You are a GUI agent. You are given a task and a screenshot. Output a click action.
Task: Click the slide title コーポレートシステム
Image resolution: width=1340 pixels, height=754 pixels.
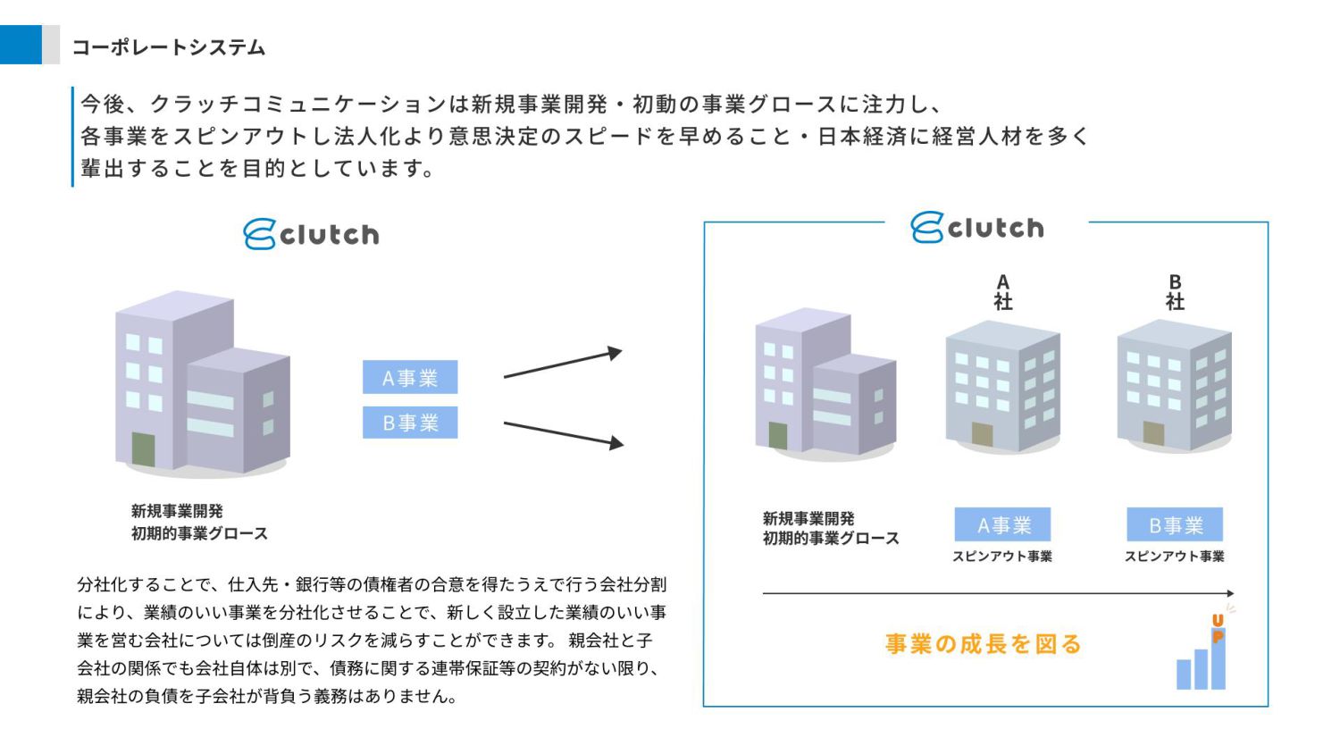click(x=168, y=47)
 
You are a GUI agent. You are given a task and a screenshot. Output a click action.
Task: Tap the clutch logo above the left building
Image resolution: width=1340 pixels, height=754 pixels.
click(x=311, y=234)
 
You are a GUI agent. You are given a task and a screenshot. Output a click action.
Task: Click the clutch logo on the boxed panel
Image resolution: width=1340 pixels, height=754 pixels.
click(x=977, y=228)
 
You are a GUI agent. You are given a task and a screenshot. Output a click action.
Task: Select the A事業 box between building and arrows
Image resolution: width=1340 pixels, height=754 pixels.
click(x=410, y=377)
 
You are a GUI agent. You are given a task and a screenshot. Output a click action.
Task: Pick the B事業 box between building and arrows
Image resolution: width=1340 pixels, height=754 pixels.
click(x=410, y=423)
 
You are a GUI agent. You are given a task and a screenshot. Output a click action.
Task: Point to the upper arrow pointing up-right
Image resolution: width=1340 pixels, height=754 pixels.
click(x=563, y=363)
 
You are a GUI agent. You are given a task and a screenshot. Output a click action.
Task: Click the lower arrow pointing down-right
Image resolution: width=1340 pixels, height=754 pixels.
click(x=563, y=433)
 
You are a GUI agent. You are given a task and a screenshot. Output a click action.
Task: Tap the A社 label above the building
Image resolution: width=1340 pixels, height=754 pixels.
click(x=1003, y=292)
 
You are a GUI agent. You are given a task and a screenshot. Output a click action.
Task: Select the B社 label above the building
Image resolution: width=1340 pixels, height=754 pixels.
click(x=1175, y=292)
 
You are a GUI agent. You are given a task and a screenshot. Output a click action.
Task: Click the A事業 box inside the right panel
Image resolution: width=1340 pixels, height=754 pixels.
click(x=1002, y=524)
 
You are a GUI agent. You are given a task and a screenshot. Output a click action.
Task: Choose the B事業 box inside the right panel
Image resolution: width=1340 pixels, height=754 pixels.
click(x=1175, y=524)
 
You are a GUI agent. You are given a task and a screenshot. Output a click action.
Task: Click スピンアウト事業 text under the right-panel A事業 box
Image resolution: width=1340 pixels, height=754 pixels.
click(x=1002, y=557)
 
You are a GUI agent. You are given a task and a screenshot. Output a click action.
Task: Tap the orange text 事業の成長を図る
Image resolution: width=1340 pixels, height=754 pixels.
click(x=984, y=643)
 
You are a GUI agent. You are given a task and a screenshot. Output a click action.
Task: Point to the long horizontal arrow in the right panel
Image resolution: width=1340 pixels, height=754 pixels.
click(x=998, y=593)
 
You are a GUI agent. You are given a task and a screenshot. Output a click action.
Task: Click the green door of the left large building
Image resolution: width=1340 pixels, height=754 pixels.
click(x=143, y=449)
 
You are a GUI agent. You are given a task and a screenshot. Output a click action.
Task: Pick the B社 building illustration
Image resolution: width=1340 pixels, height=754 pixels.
click(x=1174, y=384)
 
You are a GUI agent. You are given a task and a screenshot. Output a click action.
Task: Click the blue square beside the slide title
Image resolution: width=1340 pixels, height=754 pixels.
click(x=21, y=45)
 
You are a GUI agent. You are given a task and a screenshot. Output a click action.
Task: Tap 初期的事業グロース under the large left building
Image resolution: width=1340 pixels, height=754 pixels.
click(x=199, y=533)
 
